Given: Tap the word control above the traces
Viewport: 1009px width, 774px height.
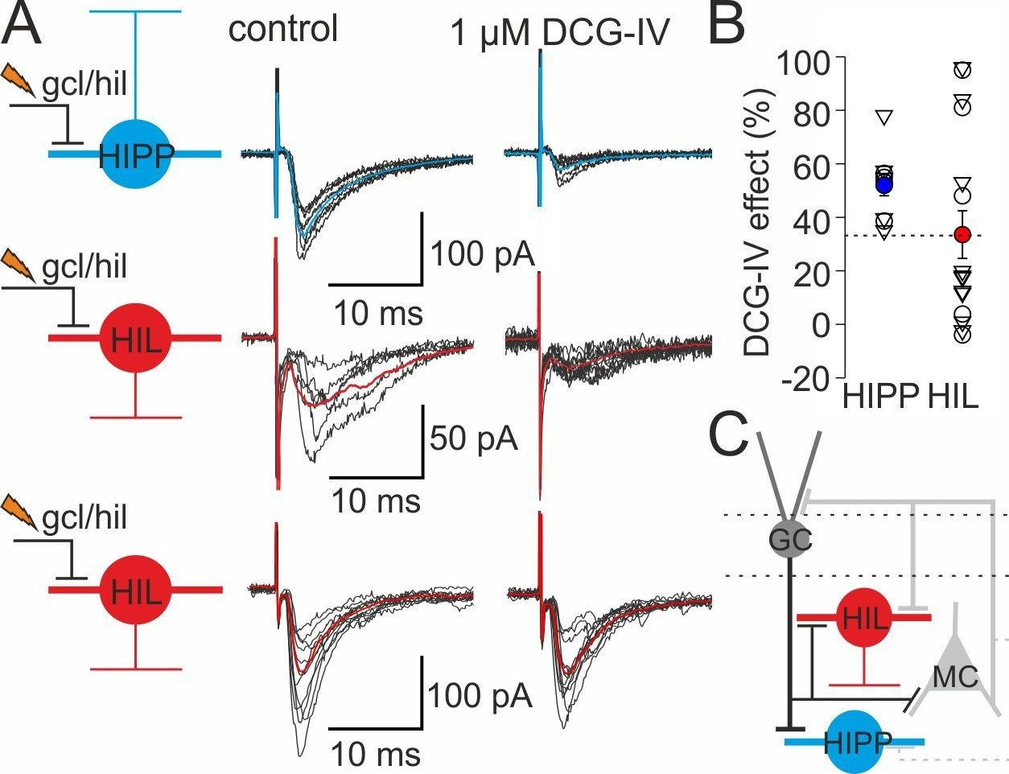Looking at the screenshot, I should click(x=283, y=30).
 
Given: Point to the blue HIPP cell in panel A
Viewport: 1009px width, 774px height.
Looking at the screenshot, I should click(x=136, y=154).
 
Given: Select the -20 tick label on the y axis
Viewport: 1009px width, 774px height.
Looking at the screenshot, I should click(x=809, y=377).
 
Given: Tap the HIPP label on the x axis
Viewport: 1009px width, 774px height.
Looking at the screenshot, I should click(x=881, y=397).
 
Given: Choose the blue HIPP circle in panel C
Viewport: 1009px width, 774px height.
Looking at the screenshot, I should click(x=854, y=741).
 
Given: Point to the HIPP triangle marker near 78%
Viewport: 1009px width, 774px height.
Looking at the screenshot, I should click(x=883, y=117).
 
